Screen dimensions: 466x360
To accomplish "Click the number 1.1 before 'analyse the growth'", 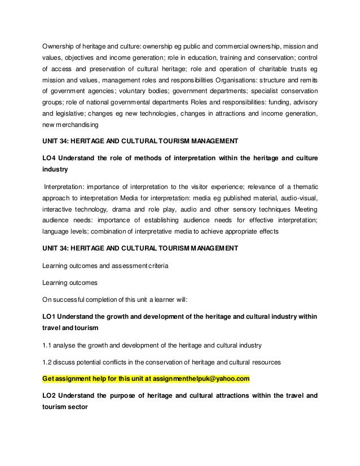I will [x=47, y=344].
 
